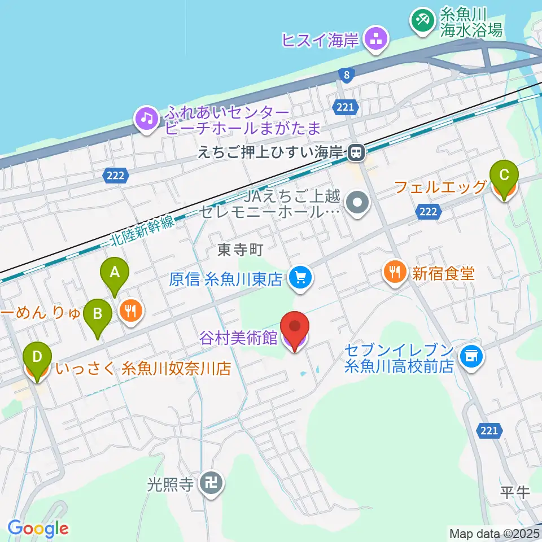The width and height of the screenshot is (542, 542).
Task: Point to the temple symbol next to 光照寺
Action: [x=212, y=483]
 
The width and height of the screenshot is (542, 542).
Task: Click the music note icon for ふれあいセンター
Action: [x=147, y=119]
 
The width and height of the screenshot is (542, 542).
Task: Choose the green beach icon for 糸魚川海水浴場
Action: [x=421, y=21]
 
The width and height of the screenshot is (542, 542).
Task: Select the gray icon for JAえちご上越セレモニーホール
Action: [x=357, y=204]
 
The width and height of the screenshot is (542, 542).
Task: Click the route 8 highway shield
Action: [x=344, y=75]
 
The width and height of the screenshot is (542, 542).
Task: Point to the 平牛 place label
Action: [x=515, y=492]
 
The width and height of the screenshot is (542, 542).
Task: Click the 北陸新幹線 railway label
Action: [x=141, y=231]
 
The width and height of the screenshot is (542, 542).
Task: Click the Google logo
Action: [x=38, y=528]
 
